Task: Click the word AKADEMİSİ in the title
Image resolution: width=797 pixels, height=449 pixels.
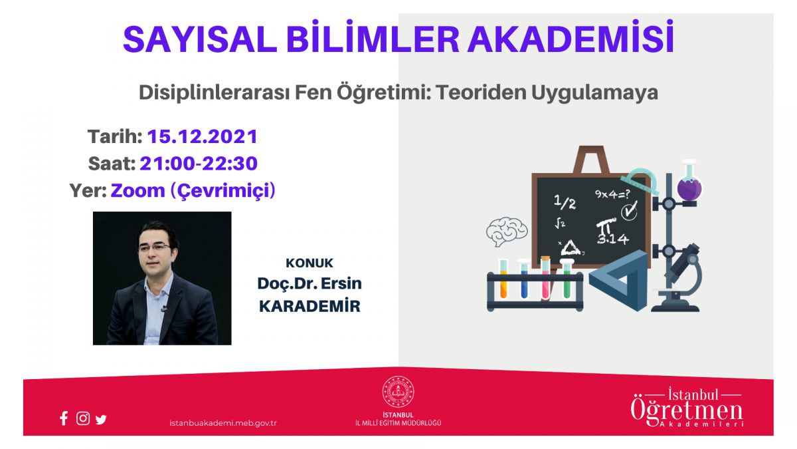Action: click(571, 37)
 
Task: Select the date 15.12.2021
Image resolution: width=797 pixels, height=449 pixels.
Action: click(203, 136)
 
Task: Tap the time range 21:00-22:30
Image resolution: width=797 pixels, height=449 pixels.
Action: click(199, 164)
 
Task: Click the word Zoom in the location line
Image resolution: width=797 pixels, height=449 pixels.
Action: click(137, 191)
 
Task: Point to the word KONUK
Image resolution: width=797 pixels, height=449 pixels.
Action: click(310, 263)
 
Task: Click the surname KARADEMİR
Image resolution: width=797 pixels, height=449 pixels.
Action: click(310, 306)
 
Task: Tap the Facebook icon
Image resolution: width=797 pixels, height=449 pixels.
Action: click(64, 418)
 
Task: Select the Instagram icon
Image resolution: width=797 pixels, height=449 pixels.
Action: click(83, 418)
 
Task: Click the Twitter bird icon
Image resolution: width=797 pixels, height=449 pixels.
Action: click(101, 419)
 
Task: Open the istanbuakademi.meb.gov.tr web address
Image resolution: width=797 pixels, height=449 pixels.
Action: click(223, 423)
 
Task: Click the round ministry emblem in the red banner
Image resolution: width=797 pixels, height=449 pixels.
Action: click(398, 392)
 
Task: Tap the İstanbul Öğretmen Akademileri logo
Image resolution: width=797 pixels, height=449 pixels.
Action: click(687, 407)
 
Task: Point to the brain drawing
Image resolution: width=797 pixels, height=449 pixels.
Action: click(507, 231)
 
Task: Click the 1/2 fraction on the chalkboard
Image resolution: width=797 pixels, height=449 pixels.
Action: click(565, 202)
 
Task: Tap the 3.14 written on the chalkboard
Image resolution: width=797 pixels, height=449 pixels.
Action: click(612, 239)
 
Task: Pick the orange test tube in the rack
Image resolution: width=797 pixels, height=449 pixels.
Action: click(503, 279)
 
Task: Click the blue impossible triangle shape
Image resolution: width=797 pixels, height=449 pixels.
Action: click(618, 281)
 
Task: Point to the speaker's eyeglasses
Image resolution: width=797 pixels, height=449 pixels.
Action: click(154, 247)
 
